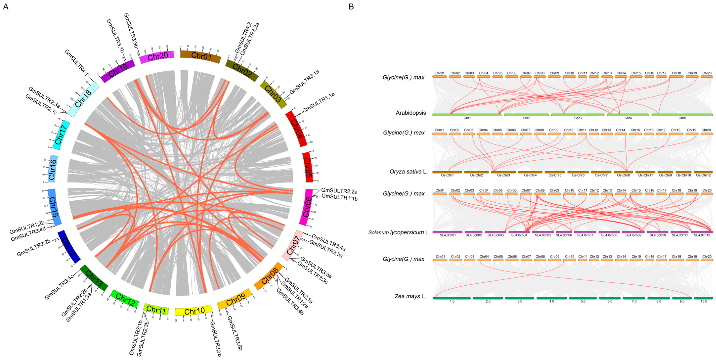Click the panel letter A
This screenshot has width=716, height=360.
coord(6,7)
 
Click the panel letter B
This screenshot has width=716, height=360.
coord(351,7)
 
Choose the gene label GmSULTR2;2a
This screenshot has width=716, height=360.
coord(339,191)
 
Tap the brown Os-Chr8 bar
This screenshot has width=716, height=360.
coord(623,172)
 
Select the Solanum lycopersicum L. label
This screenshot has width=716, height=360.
coord(399,232)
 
